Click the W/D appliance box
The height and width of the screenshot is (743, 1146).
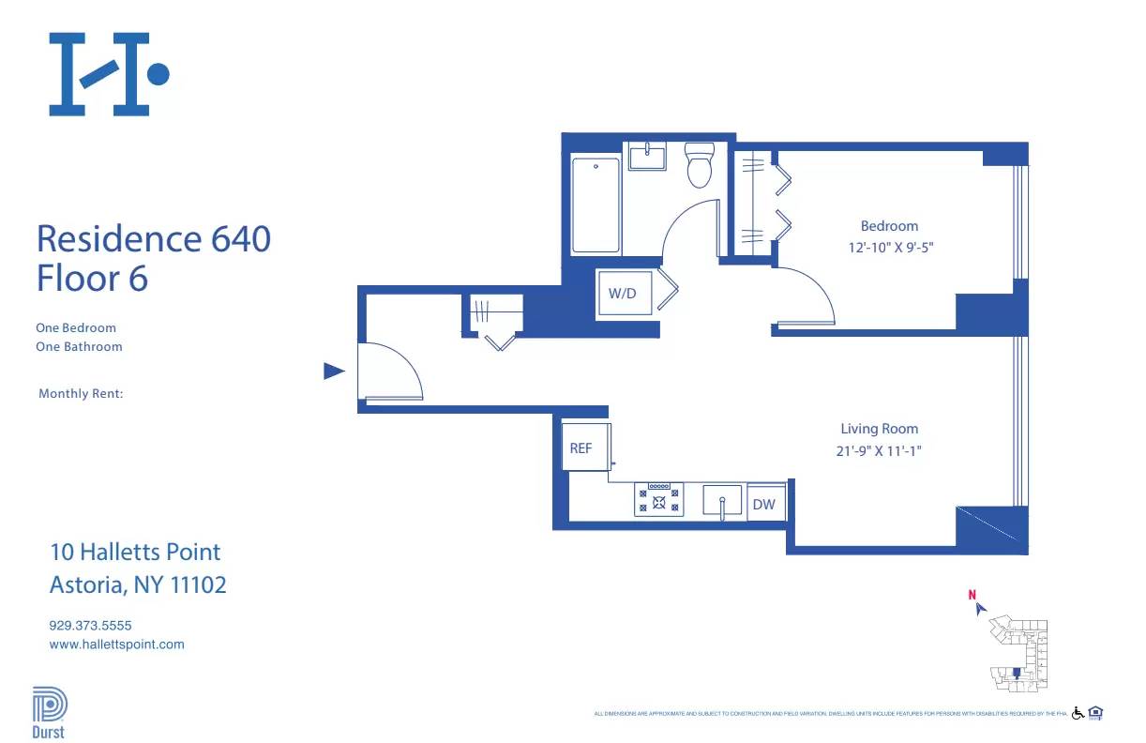point(622,293)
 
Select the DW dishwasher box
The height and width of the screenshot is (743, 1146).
point(764,504)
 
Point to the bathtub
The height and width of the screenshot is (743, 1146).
point(596,205)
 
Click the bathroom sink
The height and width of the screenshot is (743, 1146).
point(647,157)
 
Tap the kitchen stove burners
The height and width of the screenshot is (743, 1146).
point(659,499)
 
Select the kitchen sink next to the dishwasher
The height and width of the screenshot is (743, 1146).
point(722,500)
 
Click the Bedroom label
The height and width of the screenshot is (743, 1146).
point(889,226)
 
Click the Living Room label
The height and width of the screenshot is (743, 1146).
point(879,429)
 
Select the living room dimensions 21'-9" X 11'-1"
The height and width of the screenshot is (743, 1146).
point(879,450)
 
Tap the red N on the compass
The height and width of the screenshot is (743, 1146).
point(973,594)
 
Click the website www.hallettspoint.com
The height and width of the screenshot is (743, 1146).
point(116,644)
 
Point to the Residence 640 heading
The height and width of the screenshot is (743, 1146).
point(154,238)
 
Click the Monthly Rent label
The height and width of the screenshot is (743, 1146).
point(81,394)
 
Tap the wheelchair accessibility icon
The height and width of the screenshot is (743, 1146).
point(1078,713)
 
